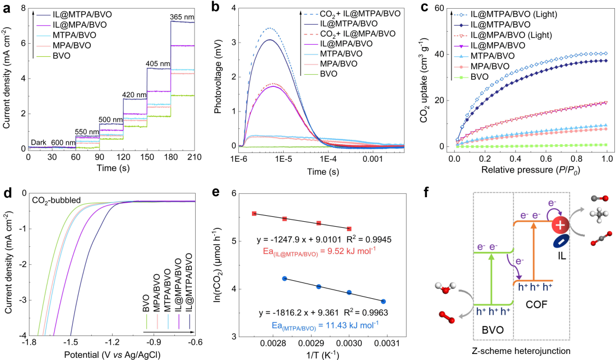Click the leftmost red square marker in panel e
[x=254, y=214]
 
